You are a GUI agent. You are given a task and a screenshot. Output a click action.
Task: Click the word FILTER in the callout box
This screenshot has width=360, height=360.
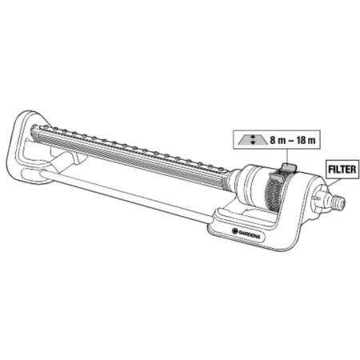point(342,170)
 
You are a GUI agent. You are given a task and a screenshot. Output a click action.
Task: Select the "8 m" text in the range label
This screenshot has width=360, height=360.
point(278,140)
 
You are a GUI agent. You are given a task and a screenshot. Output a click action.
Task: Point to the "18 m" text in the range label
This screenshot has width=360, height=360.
point(306,140)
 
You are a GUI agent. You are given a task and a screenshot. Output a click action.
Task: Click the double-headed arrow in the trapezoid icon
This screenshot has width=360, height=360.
point(253,140)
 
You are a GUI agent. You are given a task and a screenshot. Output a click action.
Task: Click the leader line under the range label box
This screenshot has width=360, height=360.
point(287,156)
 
